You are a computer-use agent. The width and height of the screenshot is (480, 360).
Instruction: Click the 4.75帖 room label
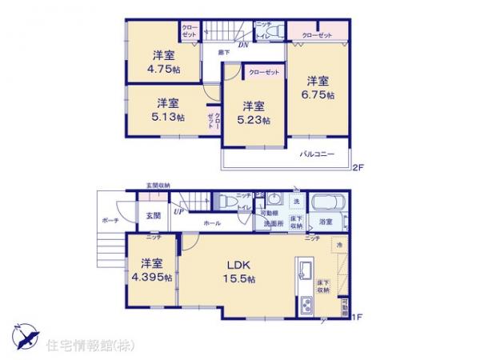pos(165,62)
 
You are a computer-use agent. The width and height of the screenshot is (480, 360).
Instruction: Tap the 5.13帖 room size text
pos(169,110)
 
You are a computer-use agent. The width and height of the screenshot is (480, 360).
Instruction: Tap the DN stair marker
pos(243,45)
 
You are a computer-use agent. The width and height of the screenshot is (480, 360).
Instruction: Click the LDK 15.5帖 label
pos(240,271)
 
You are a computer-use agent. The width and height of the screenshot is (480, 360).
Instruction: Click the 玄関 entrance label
pos(152,215)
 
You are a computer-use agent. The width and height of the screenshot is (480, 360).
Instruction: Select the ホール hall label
pos(213,224)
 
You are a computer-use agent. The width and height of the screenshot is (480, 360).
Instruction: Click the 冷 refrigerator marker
pos(339,244)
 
